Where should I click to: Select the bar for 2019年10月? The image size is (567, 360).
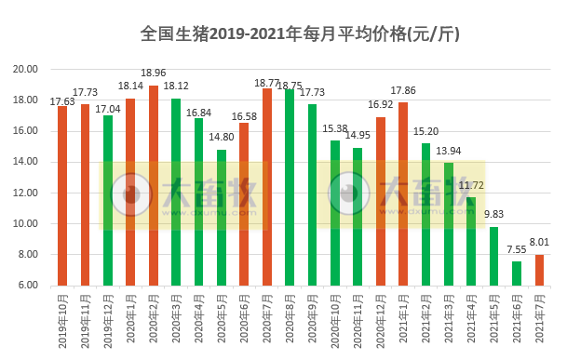(x=62, y=195)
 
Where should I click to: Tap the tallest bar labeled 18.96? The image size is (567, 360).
(x=154, y=185)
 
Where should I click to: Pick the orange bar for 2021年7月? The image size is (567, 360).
(x=540, y=270)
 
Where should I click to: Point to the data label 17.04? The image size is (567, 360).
(x=109, y=107)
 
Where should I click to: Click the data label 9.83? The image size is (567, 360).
(x=494, y=213)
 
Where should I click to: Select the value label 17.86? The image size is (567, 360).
(x=403, y=90)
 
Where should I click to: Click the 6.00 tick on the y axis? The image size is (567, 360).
(x=28, y=286)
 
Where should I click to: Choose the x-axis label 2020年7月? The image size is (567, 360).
(x=267, y=321)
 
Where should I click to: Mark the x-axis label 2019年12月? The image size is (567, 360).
(x=108, y=322)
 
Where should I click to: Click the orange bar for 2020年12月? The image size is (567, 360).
(x=381, y=201)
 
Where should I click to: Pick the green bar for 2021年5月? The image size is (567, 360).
(x=494, y=256)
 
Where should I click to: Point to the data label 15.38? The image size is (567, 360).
(x=335, y=128)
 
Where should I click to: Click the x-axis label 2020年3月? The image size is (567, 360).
(x=176, y=321)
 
